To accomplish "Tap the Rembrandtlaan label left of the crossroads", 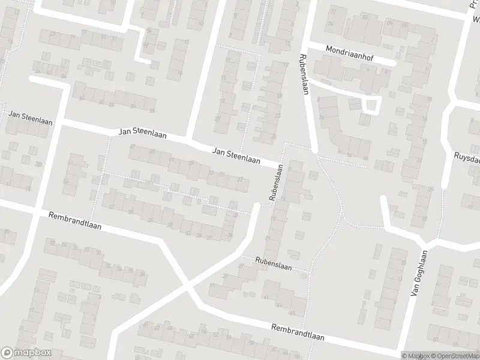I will (x=75, y=221).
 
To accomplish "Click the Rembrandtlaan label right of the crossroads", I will (x=297, y=332).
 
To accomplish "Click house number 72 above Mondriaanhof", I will (x=332, y=13).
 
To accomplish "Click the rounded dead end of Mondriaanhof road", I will (x=393, y=61).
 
